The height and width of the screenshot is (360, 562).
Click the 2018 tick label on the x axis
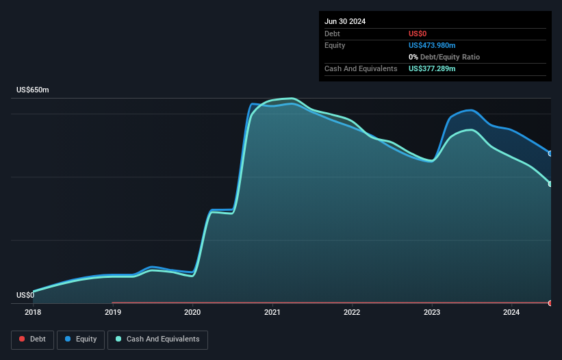tap(32, 312)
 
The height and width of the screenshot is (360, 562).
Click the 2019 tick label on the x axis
tap(112, 312)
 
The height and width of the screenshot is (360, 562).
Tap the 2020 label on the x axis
tap(192, 312)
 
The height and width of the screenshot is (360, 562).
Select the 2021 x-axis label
tap(272, 312)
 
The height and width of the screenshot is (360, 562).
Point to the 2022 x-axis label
tap(352, 312)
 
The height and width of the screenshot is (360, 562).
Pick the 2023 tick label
tap(432, 312)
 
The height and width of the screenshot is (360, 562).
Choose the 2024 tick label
tap(511, 312)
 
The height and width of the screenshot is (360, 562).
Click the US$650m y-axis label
tap(33, 90)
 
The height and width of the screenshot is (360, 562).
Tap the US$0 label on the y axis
tap(25, 296)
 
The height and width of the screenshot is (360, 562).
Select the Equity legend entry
tap(81, 339)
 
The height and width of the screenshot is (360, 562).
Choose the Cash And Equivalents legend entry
tap(157, 339)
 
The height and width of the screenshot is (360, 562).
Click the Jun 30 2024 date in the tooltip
tap(345, 21)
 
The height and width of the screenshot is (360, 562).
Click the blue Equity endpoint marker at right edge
tap(550, 153)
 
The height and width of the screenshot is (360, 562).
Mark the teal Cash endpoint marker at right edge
tap(550, 183)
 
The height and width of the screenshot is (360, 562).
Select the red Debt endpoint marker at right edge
tap(550, 303)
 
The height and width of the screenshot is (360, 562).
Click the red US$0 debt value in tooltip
tap(418, 34)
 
